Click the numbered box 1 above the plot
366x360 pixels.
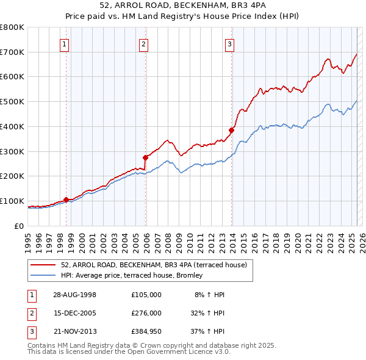tap(64, 43)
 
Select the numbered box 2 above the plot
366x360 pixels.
tap(143, 43)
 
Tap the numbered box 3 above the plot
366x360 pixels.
tap(229, 43)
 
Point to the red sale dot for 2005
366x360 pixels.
tap(145, 157)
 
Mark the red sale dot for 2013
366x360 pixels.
tap(232, 130)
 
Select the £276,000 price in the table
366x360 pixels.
tap(146, 313)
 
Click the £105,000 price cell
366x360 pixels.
tap(146, 295)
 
